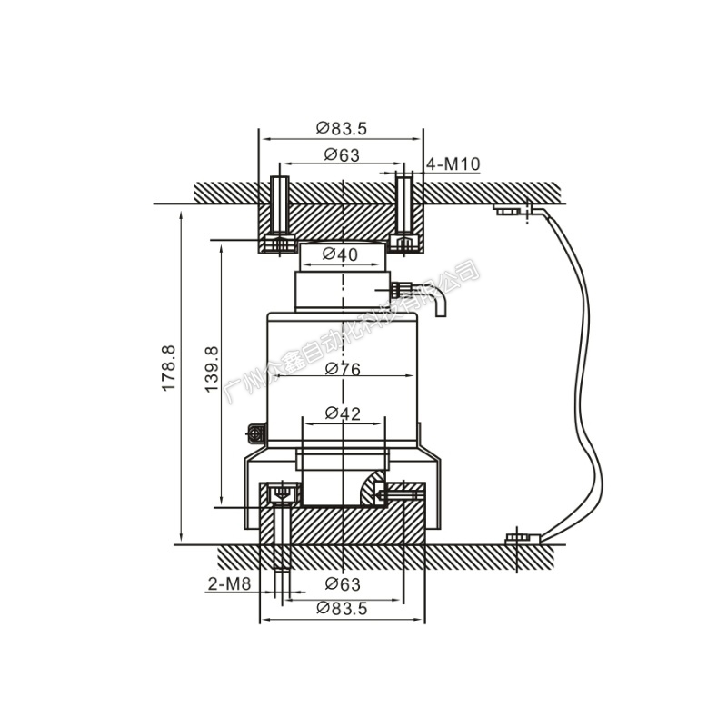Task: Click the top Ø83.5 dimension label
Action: point(342,128)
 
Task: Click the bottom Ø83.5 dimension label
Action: point(342,609)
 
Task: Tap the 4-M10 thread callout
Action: point(453,164)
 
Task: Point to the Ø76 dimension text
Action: point(342,369)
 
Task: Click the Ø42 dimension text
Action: point(342,413)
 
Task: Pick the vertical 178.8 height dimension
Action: point(168,368)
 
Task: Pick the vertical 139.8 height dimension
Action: point(211,368)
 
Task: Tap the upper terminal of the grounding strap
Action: point(511,210)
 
